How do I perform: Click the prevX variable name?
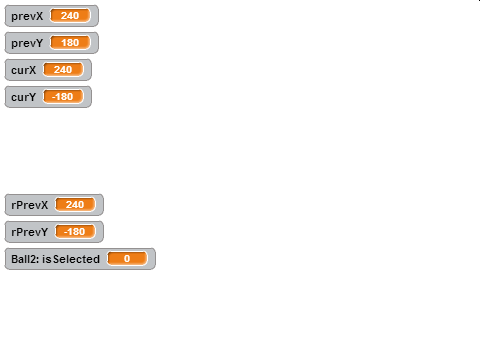tap(27, 16)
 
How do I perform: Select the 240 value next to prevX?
tap(70, 16)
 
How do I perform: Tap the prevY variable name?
tap(27, 43)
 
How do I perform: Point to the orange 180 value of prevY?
tap(70, 43)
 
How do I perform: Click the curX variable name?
tap(24, 70)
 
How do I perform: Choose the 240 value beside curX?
tap(63, 70)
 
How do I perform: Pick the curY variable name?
tap(24, 97)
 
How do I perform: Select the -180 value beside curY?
tap(63, 97)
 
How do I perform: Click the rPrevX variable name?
tap(30, 205)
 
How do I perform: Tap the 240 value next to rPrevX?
tap(75, 205)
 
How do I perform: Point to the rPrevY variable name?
tap(30, 232)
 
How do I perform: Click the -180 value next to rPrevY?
tap(75, 232)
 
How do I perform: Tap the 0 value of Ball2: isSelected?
tap(127, 259)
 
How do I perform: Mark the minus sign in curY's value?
tap(54, 97)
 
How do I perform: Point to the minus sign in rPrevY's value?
tap(66, 232)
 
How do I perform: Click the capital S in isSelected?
tap(56, 259)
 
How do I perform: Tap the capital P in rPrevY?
tap(20, 232)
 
